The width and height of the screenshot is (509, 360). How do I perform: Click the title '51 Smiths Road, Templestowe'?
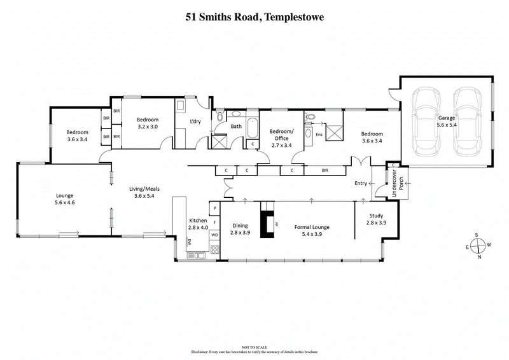254,17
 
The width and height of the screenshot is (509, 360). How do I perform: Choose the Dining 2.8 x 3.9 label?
240,229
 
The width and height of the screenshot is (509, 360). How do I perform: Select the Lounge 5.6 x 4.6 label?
64,199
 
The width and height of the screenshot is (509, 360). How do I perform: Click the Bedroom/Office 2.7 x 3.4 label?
281,138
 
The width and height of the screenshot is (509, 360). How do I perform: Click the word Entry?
361,183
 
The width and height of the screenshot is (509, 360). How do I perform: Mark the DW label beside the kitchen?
189,242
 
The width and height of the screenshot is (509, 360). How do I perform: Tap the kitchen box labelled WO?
214,235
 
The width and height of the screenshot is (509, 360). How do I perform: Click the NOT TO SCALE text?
254,346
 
